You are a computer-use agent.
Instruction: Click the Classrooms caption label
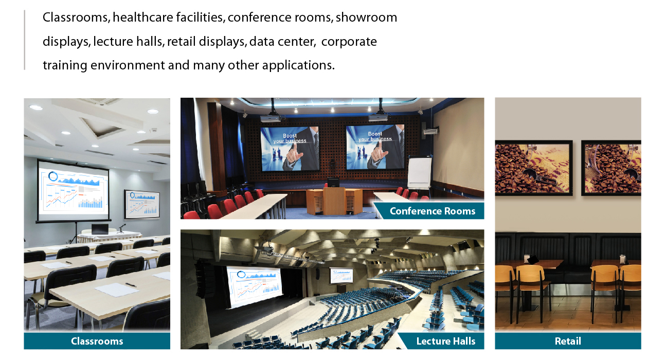(x=97, y=341)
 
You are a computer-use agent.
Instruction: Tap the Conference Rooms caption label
(x=432, y=211)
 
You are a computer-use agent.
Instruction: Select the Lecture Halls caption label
(x=445, y=341)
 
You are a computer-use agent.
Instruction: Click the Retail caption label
(x=568, y=341)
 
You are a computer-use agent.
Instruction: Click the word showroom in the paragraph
(x=366, y=17)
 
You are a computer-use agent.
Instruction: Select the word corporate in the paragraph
(x=349, y=42)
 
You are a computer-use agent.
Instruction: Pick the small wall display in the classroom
(x=142, y=204)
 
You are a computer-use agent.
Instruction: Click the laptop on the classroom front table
(x=100, y=229)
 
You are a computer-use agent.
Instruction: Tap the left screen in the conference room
(x=290, y=149)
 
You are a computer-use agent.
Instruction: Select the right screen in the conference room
(x=375, y=147)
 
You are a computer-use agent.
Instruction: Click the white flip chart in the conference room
(x=420, y=172)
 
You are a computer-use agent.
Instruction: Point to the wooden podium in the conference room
(x=334, y=201)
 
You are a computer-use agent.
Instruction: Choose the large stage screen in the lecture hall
(x=255, y=286)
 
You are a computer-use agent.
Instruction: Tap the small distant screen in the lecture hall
(x=342, y=276)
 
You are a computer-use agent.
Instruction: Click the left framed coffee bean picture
(x=534, y=168)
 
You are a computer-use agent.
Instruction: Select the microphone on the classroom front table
(x=122, y=228)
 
